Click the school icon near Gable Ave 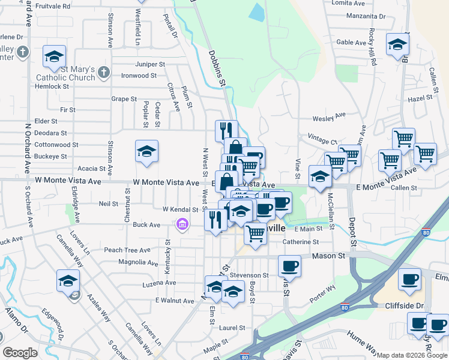tap(397, 45)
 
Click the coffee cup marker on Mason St tap(289, 266)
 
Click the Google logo tap(20, 353)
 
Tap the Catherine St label tap(301, 242)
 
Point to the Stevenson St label tap(248, 275)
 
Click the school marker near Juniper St tap(54, 58)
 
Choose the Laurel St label tap(232, 328)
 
